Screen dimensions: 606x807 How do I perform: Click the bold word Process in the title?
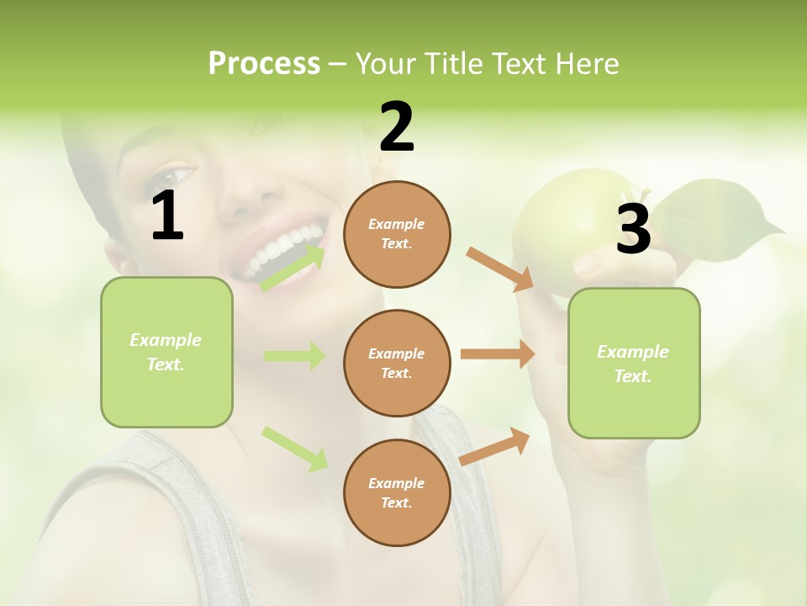coord(264,64)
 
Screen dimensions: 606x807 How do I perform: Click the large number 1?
coord(167,216)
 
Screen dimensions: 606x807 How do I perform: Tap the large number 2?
coord(397,128)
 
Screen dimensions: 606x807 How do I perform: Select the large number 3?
coord(634,229)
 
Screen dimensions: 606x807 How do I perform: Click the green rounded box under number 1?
coord(166,352)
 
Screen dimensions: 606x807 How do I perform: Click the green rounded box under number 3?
coord(634,363)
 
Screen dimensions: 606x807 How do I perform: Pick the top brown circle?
coord(397,234)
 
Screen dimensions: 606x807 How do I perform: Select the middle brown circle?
coord(397,363)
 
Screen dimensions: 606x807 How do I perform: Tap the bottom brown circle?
coord(397,492)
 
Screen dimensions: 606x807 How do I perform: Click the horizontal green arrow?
coord(294,356)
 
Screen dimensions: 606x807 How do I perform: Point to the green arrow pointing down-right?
coord(294,448)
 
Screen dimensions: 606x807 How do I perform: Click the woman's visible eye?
coord(172,178)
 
